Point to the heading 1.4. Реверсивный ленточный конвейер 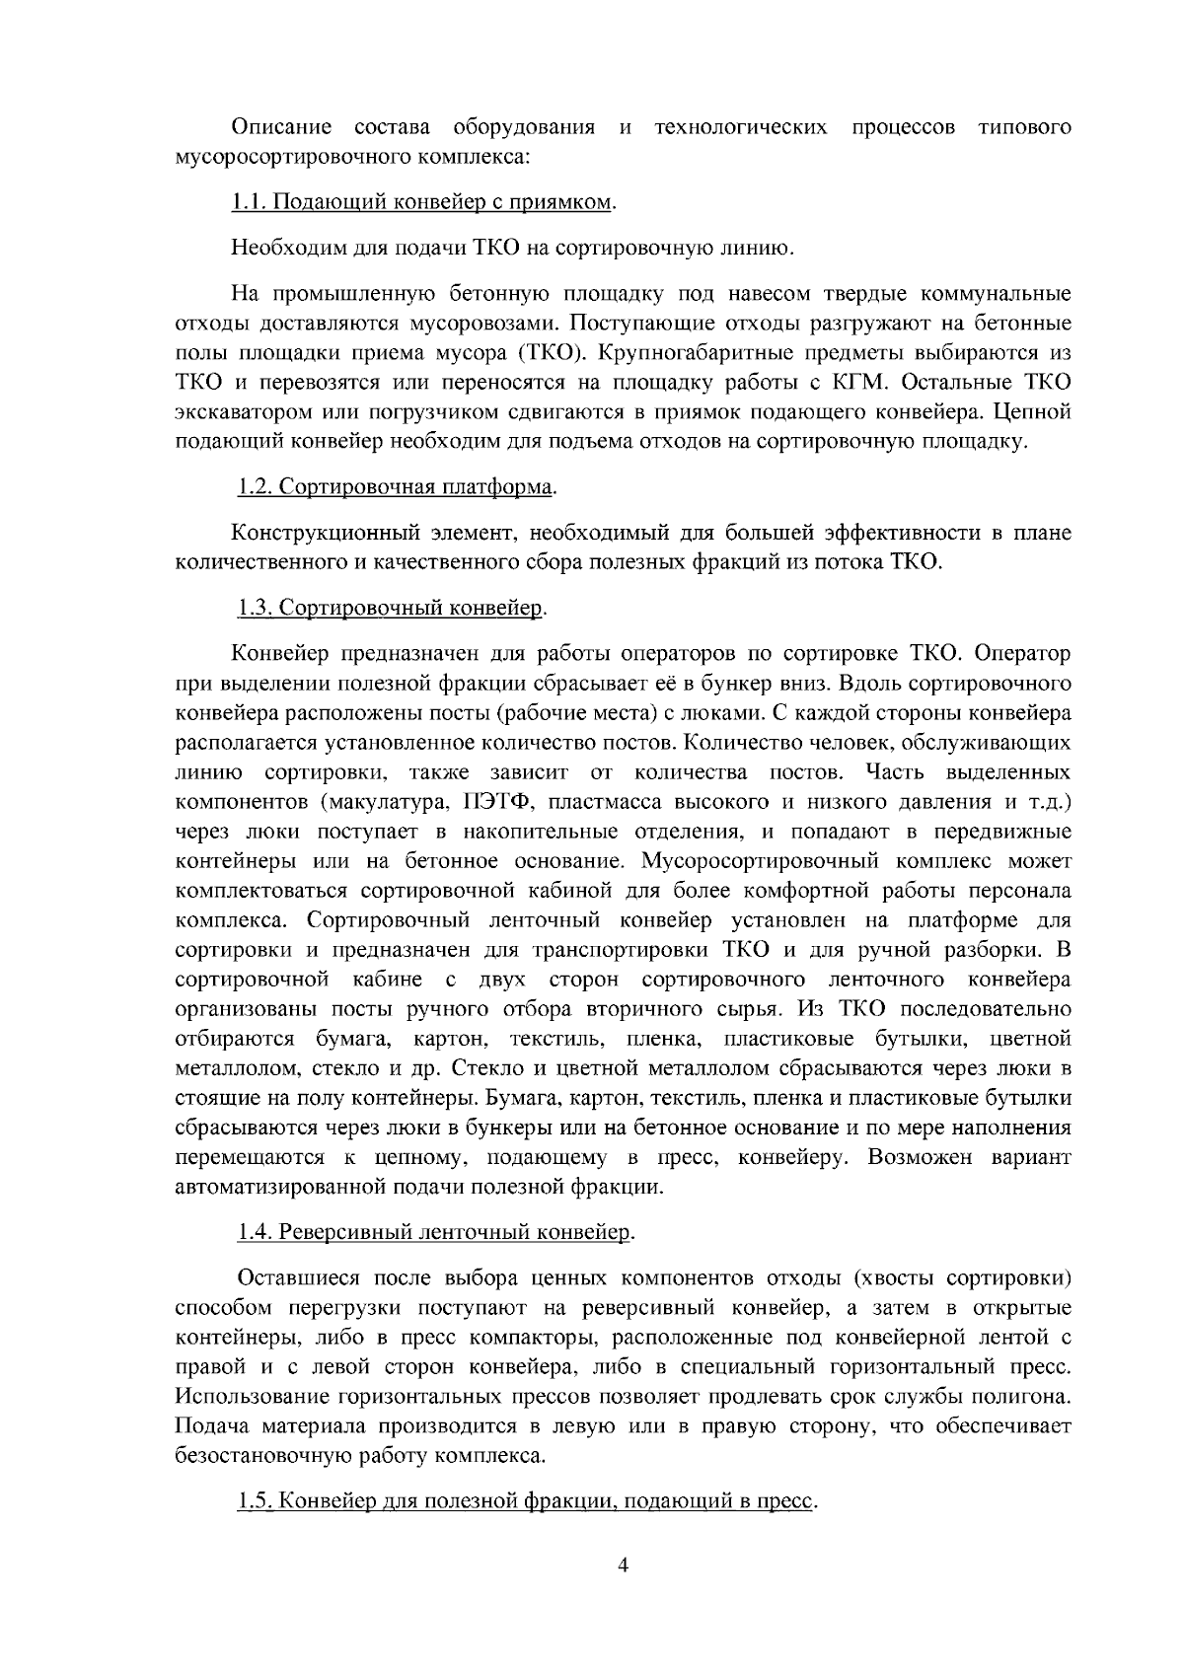(x=436, y=1232)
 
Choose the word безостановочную (x=259, y=1456)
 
